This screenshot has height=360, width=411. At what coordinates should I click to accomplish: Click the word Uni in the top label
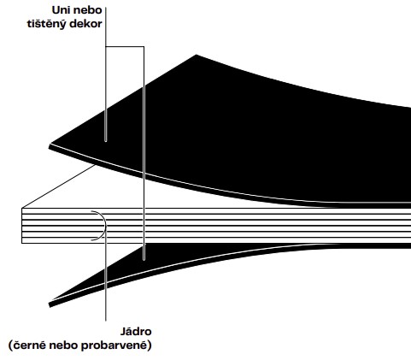point(60,10)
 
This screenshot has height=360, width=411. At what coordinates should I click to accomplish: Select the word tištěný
point(47,24)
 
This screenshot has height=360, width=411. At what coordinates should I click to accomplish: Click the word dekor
point(85,23)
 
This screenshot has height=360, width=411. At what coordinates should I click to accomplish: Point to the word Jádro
point(136,332)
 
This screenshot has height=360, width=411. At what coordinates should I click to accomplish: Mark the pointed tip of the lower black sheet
point(50,305)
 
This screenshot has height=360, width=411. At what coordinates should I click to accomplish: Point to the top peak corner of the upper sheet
point(197,55)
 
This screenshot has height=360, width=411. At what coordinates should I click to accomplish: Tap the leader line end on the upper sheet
point(106,140)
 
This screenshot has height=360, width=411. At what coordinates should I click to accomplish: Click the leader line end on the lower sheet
point(144,259)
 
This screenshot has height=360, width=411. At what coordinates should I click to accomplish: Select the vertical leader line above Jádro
point(106,276)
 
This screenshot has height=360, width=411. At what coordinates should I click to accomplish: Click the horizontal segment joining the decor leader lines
point(125,46)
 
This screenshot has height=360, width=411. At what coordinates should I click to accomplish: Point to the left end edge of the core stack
point(22,226)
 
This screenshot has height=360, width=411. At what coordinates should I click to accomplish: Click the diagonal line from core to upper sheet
point(58,186)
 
